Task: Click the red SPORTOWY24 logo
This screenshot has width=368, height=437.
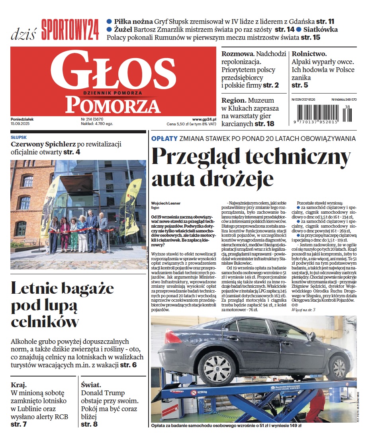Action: point(70,29)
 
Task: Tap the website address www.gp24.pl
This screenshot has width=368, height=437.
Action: point(204,119)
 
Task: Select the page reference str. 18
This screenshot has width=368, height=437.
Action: point(264,124)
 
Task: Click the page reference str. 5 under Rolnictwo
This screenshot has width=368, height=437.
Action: point(299,85)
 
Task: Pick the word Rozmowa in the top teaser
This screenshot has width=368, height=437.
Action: point(237,54)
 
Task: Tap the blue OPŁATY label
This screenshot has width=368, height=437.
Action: point(164,139)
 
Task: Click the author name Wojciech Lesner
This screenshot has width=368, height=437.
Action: point(166,203)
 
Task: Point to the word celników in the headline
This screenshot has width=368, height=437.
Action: point(45,322)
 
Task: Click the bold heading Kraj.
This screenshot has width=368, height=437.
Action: point(19,385)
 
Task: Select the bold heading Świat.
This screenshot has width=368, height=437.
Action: point(91,385)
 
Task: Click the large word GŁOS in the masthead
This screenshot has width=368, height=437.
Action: point(113,74)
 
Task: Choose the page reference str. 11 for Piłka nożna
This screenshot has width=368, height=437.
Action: point(325,21)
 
